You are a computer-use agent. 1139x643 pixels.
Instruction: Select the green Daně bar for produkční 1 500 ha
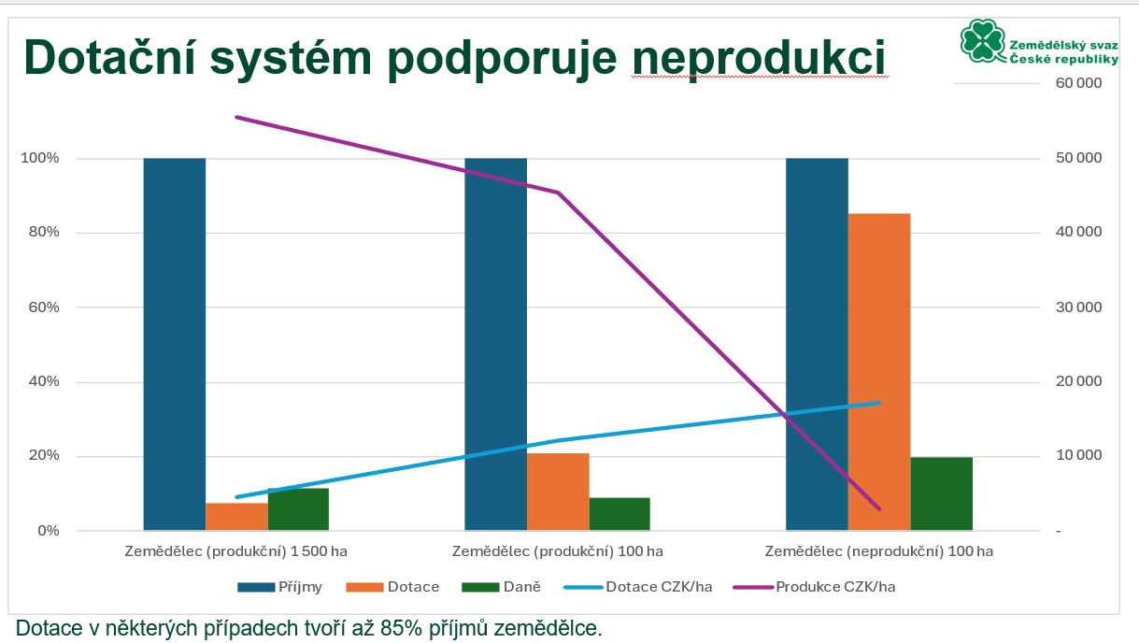[298, 509]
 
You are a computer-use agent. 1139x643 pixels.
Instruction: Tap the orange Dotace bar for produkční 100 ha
[558, 492]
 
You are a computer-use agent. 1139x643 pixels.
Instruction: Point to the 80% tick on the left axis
[40, 233]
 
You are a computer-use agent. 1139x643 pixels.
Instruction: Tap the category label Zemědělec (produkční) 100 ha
[558, 551]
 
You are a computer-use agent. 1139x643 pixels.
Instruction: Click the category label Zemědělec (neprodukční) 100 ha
[878, 551]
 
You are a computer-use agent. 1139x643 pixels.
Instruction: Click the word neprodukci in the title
[758, 56]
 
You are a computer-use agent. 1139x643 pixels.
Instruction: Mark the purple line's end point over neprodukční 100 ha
[879, 509]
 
